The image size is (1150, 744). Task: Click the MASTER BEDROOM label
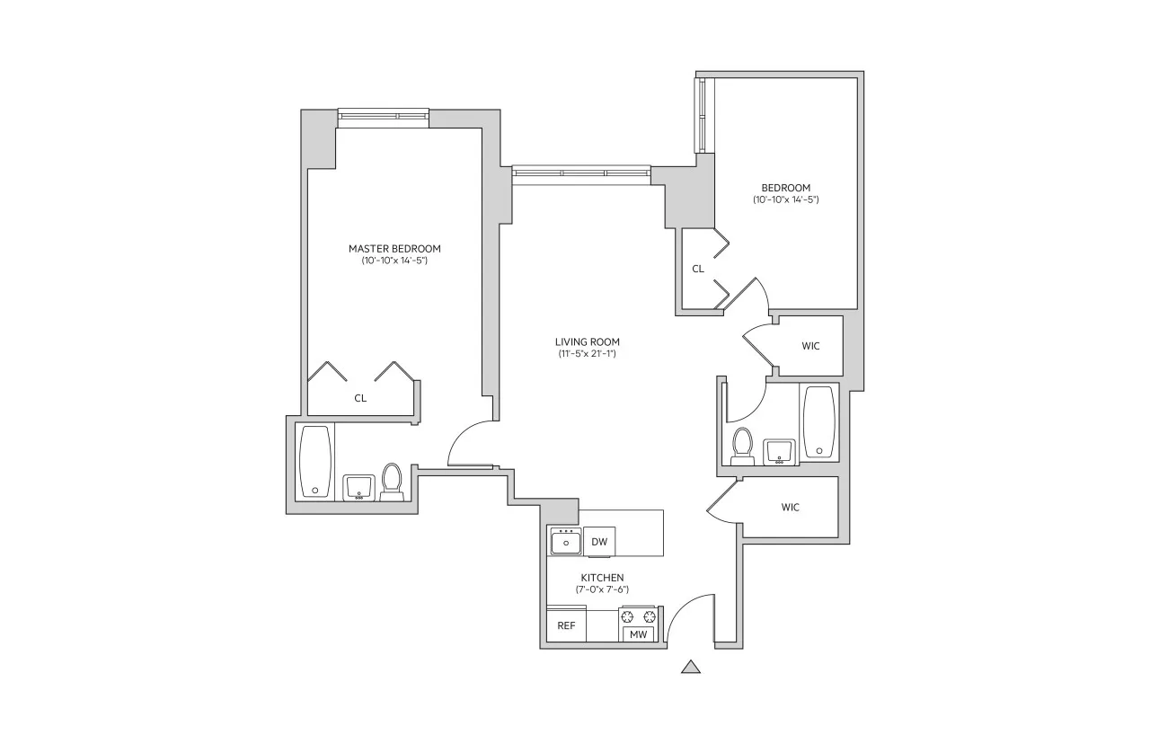point(394,249)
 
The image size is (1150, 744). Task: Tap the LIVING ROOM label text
point(587,341)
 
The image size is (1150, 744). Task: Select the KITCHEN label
point(602,578)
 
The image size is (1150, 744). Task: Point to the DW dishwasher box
point(599,542)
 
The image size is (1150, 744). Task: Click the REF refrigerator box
point(566,626)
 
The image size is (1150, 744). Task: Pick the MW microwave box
point(638,634)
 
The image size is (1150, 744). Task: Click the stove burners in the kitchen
point(638,616)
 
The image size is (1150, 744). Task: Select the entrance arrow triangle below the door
point(690,667)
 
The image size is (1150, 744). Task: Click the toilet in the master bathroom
point(392,481)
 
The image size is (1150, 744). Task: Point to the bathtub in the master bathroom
point(314,461)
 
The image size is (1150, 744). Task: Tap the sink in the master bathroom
point(359,487)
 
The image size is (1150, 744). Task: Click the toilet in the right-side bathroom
point(742,446)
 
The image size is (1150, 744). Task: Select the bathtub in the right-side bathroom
point(818,421)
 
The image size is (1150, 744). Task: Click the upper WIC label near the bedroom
point(810,346)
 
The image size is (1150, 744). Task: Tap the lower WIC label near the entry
point(790,508)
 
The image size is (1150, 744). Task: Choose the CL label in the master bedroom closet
point(360,397)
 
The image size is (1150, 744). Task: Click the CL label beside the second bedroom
point(698,269)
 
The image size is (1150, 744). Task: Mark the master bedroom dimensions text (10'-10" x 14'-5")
point(394,261)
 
